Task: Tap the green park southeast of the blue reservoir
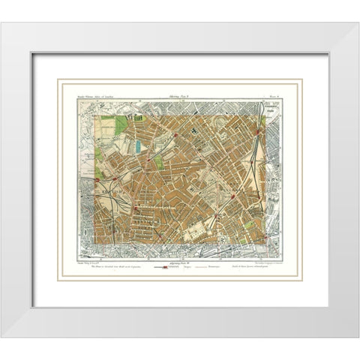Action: point(160,162)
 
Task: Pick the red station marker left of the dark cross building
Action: point(175,135)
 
